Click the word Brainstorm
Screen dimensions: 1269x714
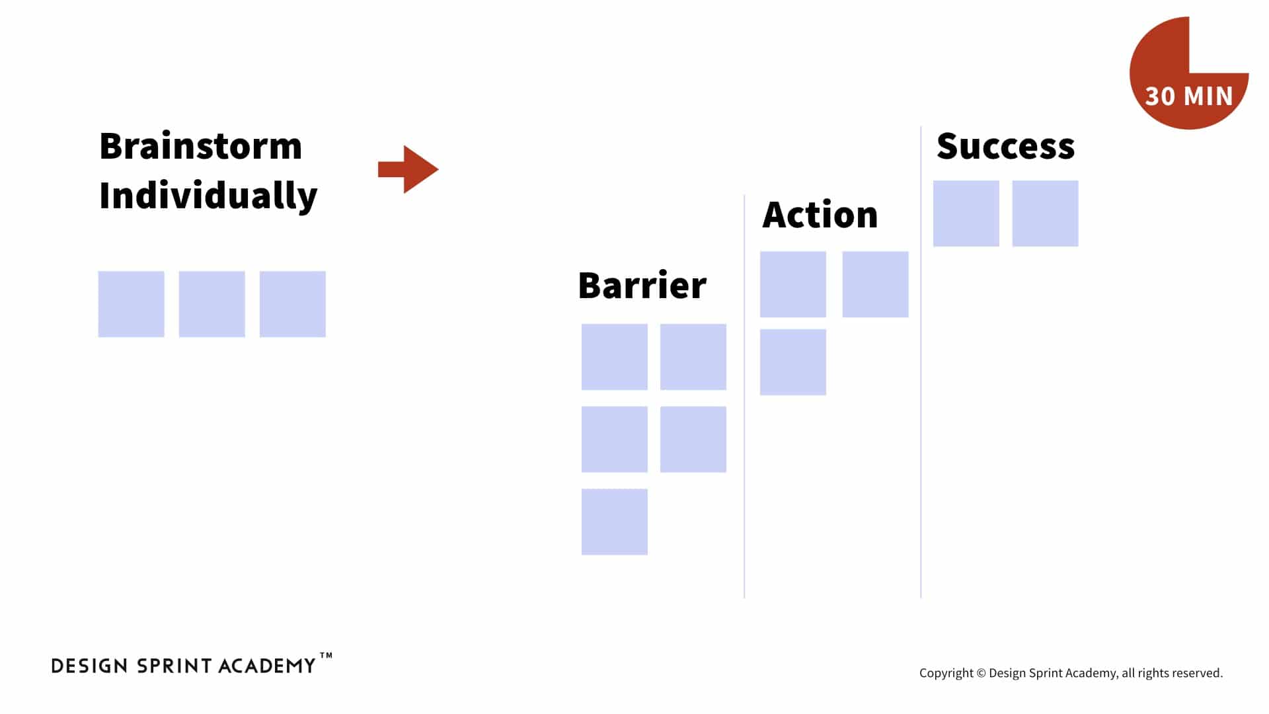tap(200, 146)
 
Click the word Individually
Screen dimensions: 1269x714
tap(208, 196)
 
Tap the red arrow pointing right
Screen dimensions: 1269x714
tap(408, 169)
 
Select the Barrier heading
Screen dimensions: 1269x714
tap(642, 286)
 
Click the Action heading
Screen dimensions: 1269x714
tap(820, 214)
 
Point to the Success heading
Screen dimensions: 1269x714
tap(1005, 146)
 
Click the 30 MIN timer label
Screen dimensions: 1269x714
tap(1189, 97)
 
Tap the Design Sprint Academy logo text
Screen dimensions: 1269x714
tap(184, 666)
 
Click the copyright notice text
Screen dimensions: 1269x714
tap(1071, 673)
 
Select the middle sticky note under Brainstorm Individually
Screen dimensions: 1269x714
tap(212, 304)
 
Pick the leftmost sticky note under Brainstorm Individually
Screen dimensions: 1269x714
tap(132, 304)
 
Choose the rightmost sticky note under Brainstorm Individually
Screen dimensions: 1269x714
tap(293, 304)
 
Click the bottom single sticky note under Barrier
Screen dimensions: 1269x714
tap(615, 522)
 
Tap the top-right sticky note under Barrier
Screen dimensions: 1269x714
tap(693, 357)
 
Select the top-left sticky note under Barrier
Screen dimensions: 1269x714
tap(615, 357)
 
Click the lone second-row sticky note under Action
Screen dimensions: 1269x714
tap(793, 362)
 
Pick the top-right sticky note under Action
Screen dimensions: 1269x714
tap(876, 284)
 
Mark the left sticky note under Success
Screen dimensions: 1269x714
tap(966, 214)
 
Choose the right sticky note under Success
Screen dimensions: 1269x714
tap(1046, 214)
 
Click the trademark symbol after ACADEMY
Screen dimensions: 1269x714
tap(326, 656)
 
